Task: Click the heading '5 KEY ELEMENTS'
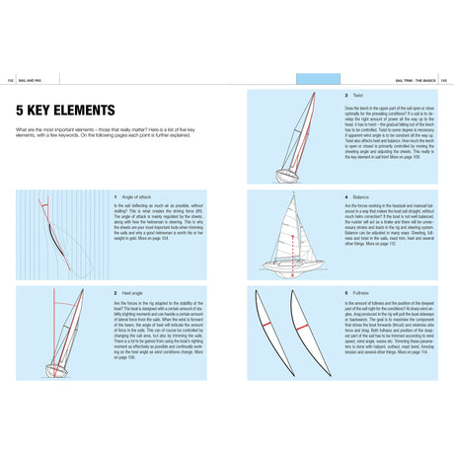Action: [x=65, y=110]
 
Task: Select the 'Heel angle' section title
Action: [x=133, y=293]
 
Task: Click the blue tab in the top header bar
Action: [x=318, y=78]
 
